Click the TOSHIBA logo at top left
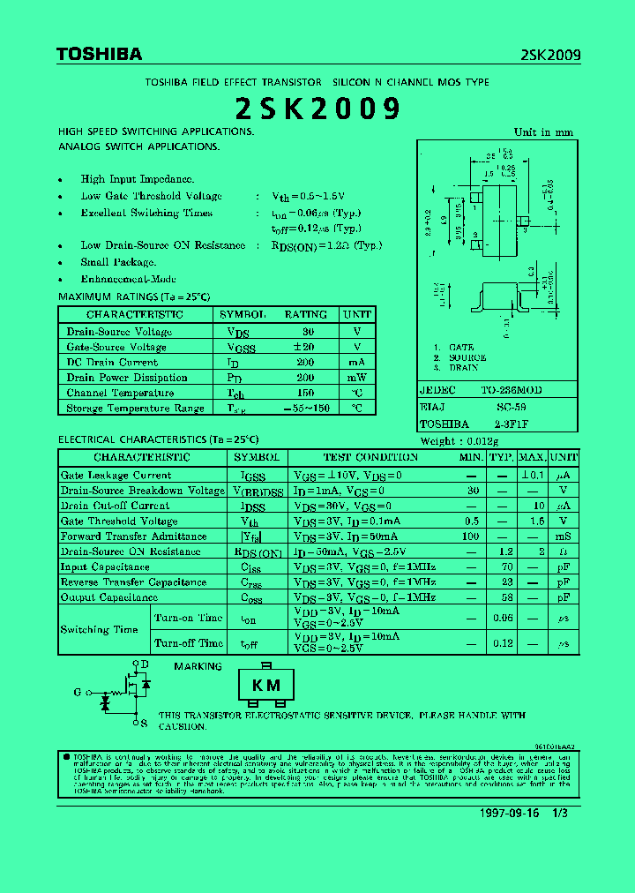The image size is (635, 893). pos(99,55)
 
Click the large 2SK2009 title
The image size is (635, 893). pos(317,109)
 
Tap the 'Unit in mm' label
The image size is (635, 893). pos(543,132)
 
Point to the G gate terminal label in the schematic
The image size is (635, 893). pos(78,692)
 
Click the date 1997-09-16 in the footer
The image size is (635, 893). pos(510,813)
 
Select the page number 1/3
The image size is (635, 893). pos(560,813)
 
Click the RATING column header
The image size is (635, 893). pos(305,315)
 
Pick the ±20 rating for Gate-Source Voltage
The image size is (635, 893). pos(305,347)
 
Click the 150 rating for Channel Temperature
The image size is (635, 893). pos(305,393)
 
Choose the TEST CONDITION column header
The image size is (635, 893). pos(370,458)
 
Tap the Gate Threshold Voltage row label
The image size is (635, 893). pos(119,522)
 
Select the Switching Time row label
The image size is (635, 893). pos(99,630)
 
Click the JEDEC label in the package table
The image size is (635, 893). pos(438,390)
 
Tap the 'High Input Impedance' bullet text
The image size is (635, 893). pos(138,179)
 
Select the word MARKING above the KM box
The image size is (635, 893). pos(198,667)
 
